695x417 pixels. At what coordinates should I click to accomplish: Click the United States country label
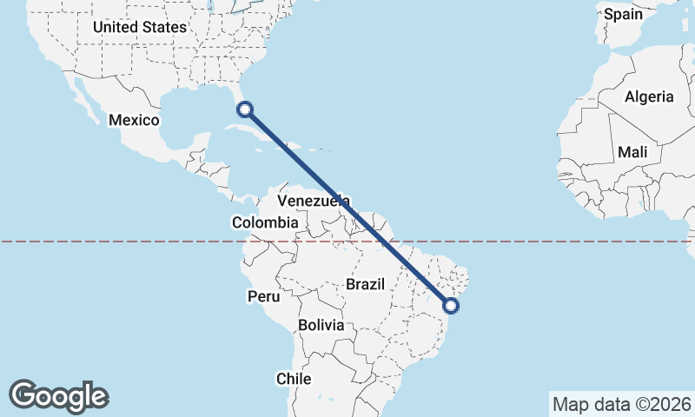139,27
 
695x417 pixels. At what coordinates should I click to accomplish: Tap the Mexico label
134,120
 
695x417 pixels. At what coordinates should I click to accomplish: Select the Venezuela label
313,201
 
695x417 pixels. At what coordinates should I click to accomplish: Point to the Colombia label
265,223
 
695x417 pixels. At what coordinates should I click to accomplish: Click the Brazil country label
365,284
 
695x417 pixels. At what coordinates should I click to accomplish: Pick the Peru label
264,297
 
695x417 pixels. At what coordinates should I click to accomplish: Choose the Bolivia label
321,326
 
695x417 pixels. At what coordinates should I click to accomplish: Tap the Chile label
293,379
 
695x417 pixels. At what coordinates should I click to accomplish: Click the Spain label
623,14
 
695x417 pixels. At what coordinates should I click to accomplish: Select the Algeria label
649,96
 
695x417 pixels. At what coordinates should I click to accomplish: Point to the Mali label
632,153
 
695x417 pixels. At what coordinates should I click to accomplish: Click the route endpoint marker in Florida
245,109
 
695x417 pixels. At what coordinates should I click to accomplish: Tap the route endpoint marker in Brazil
451,305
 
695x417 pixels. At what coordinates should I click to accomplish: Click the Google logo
58,395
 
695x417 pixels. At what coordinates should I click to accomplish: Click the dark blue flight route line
347,207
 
